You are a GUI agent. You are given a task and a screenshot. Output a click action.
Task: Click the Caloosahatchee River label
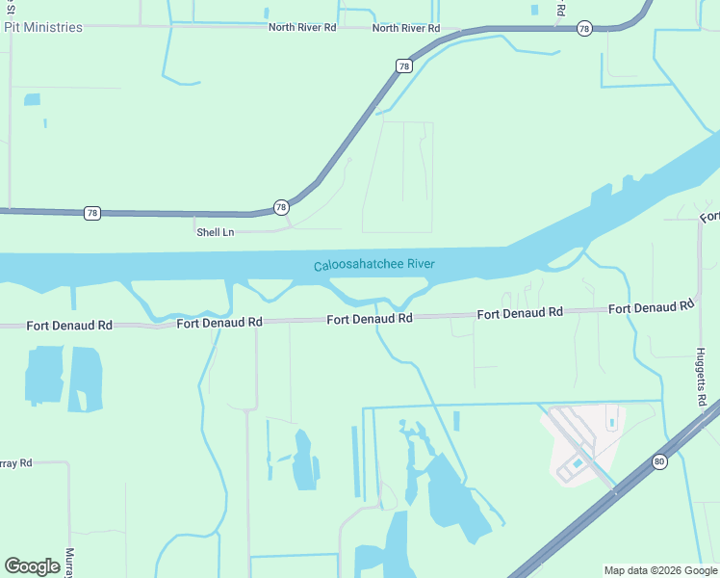point(374,265)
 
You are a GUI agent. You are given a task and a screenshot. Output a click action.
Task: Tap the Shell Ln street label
point(215,232)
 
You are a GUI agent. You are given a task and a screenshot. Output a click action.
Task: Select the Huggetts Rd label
point(702,377)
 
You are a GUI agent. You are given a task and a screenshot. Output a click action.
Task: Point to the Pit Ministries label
point(43,27)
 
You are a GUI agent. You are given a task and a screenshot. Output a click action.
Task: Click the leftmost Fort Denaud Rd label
point(69,326)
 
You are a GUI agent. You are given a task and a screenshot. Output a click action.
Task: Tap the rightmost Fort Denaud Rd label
point(651,307)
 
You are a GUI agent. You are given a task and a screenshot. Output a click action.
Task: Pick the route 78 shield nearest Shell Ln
point(280,207)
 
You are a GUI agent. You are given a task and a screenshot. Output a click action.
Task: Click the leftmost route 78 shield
point(90,212)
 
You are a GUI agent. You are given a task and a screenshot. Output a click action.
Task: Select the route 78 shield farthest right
point(584,29)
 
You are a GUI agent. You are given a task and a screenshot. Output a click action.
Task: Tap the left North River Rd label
point(302,28)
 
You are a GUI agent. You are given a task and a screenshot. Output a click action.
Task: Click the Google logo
point(32,566)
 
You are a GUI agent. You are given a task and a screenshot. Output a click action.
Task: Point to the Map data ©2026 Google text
point(659,570)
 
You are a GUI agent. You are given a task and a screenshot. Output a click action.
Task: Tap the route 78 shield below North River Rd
point(404,66)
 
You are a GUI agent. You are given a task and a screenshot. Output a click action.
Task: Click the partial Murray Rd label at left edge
point(15,463)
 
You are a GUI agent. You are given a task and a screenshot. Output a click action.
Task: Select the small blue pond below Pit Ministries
point(32,99)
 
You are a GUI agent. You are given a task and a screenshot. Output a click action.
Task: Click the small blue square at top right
point(534,10)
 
